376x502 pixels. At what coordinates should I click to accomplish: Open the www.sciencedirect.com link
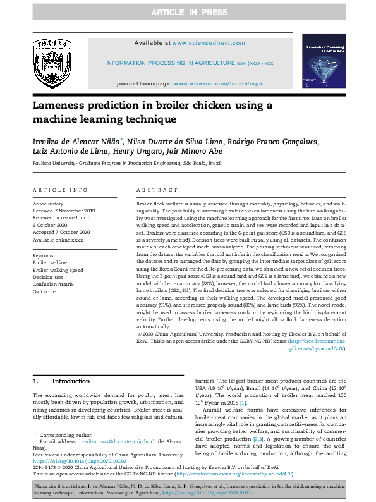coord(209,43)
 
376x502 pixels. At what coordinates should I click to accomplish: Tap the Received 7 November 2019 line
coord(64,211)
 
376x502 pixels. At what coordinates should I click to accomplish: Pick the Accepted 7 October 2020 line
coord(61,232)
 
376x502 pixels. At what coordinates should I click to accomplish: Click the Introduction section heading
coord(71,381)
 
